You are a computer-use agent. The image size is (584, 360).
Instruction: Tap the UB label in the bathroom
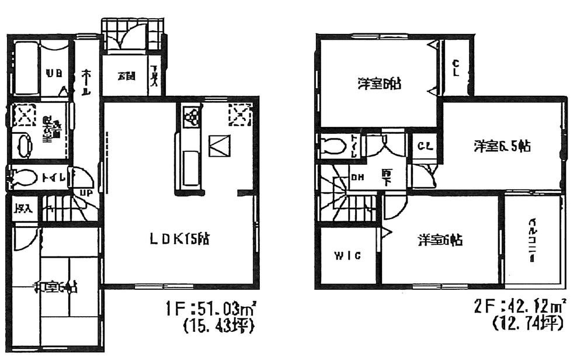(x=54, y=74)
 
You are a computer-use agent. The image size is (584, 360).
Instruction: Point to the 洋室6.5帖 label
(x=502, y=147)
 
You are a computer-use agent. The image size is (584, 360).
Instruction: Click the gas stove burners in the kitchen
(x=191, y=117)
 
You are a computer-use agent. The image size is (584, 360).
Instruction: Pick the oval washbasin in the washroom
(x=24, y=146)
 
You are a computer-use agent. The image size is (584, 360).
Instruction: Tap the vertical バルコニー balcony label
(x=533, y=241)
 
